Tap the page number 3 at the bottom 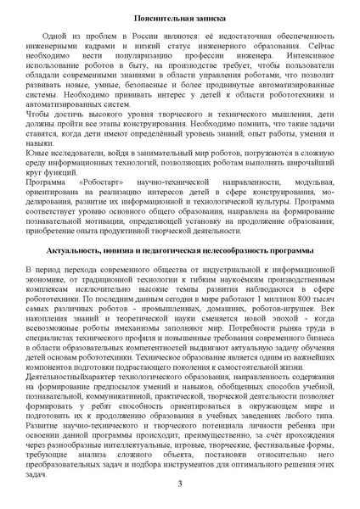180,483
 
